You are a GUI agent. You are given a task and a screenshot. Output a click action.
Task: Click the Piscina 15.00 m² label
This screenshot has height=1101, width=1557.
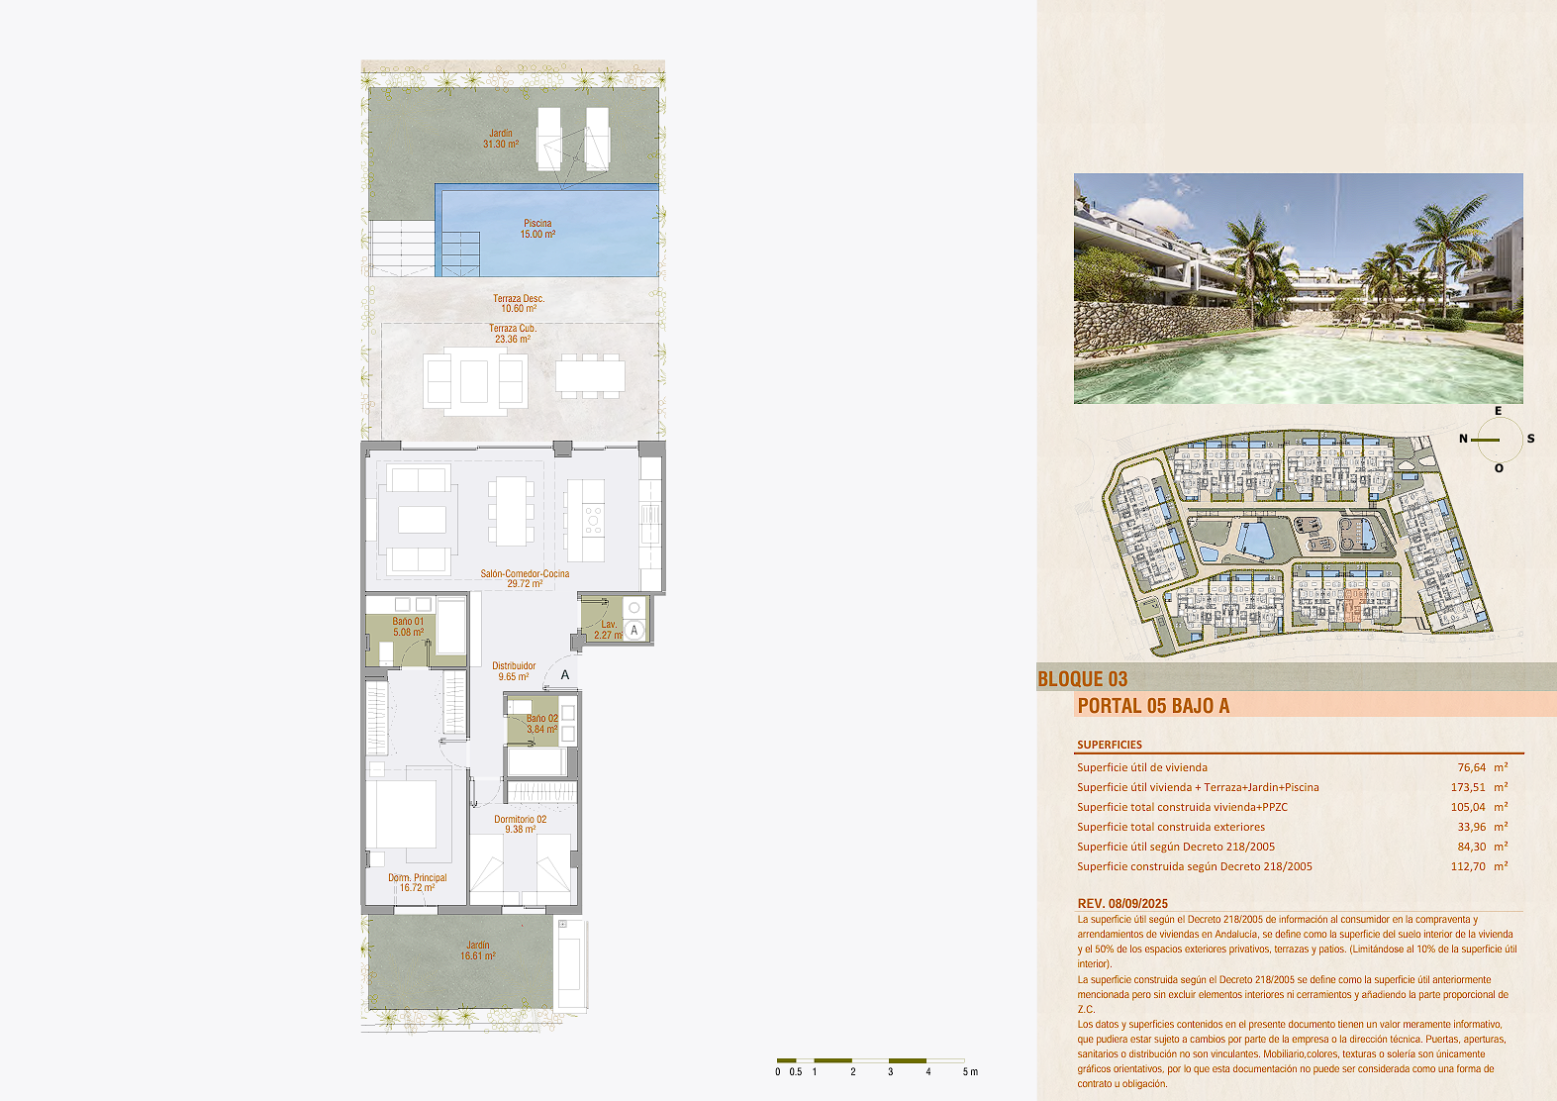click(x=537, y=229)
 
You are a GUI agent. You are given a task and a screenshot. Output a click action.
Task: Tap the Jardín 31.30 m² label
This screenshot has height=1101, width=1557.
click(x=501, y=139)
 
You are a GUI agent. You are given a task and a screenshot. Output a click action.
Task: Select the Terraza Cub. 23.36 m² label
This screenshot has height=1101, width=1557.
click(x=513, y=334)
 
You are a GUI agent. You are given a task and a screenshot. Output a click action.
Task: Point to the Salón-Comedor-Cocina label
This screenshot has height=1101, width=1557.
click(x=525, y=573)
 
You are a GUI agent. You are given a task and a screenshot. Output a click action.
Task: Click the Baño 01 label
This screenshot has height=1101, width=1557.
click(x=408, y=622)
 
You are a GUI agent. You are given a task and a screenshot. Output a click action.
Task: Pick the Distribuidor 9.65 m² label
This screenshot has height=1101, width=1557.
click(x=514, y=670)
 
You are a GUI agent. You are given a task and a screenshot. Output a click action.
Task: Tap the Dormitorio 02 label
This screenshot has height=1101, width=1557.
click(x=520, y=819)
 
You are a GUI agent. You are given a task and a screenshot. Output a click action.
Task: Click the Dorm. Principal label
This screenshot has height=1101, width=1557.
click(x=417, y=877)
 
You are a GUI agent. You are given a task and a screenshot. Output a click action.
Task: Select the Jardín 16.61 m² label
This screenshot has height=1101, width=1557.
click(x=477, y=951)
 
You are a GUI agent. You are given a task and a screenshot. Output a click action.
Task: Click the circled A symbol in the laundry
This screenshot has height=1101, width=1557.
click(x=633, y=631)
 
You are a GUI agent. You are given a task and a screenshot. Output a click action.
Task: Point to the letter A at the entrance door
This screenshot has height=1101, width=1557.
click(x=565, y=675)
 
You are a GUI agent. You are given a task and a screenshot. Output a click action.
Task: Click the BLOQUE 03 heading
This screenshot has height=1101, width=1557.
click(x=1082, y=678)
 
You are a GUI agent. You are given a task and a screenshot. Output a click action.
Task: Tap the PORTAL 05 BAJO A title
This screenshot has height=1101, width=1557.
click(x=1153, y=706)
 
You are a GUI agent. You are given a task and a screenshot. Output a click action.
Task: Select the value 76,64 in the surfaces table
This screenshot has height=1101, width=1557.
click(x=1472, y=767)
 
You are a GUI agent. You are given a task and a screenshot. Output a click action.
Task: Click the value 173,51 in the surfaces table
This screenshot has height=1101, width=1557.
click(x=1468, y=787)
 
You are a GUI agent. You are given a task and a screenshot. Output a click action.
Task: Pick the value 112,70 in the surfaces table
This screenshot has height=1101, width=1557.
click(x=1468, y=866)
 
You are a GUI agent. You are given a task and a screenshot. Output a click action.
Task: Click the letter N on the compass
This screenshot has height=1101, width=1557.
click(x=1463, y=439)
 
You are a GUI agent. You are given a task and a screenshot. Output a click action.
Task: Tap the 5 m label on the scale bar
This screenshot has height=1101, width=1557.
click(x=970, y=1072)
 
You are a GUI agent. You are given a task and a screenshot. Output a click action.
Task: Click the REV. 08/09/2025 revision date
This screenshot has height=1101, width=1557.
click(x=1122, y=903)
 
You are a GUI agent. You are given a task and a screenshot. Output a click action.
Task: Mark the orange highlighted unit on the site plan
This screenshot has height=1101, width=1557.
click(x=1353, y=606)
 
